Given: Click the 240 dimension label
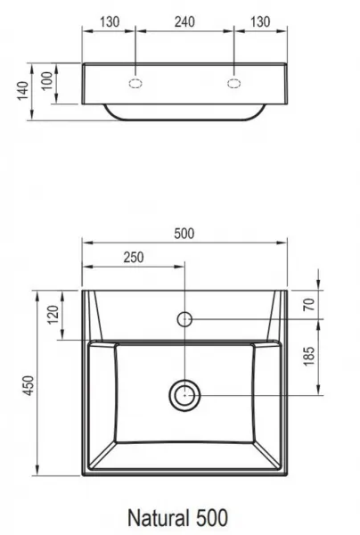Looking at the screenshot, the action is coord(184,22).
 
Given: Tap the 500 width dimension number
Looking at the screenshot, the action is coord(184,234).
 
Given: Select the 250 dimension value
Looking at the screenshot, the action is coord(134,258).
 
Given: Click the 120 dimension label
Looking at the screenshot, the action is coord(53,315).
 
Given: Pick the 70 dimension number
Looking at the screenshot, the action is coord(309,304).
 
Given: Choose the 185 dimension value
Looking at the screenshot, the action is coord(309,357).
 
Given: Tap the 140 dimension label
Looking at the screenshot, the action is coord(23,91).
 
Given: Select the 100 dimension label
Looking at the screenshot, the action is coord(48,80).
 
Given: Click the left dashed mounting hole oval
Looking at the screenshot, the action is coord(135,84).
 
